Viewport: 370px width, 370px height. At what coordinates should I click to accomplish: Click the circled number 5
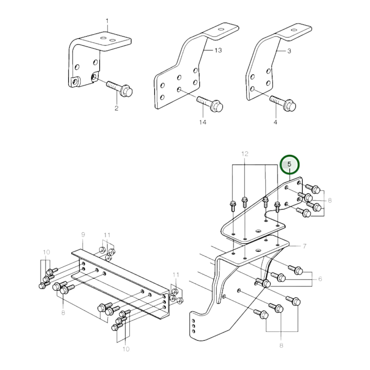pos(289,164)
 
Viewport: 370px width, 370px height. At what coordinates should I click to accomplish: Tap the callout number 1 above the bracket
pos(107,20)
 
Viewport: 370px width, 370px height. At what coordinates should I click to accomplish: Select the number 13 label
pos(218,50)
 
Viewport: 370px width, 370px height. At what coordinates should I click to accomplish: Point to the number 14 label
pos(203,122)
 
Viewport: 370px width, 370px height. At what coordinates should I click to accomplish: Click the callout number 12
pos(245,154)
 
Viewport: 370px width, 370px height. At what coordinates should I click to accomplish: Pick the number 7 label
pos(304,246)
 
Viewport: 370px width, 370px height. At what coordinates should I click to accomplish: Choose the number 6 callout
pos(320,279)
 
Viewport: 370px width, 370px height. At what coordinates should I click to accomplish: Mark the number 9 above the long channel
pos(83,234)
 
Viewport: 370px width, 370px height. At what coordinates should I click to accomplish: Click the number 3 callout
pos(289,51)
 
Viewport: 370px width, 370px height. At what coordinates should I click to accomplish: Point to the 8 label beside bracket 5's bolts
pos(330,200)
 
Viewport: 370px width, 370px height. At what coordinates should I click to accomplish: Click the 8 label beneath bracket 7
pos(281,345)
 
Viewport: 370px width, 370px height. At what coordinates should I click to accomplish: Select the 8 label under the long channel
pos(63,312)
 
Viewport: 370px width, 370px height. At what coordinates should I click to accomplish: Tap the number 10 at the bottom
pos(126,349)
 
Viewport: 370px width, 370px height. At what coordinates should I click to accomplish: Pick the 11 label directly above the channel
pos(107,235)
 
